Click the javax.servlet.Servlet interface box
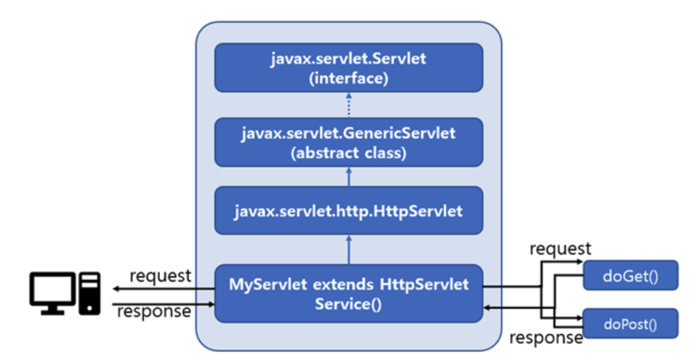pyautogui.click(x=348, y=67)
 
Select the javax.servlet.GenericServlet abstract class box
pyautogui.click(x=348, y=142)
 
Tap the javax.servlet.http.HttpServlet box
pyautogui.click(x=348, y=211)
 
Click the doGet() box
pyautogui.click(x=630, y=275)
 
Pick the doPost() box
pyautogui.click(x=630, y=324)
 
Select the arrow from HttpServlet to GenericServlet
pyautogui.click(x=348, y=177)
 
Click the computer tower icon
pyautogui.click(x=89, y=293)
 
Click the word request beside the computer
pyautogui.click(x=160, y=275)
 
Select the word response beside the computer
pyautogui.click(x=154, y=312)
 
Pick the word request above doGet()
pyautogui.click(x=560, y=249)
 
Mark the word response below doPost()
pyautogui.click(x=546, y=337)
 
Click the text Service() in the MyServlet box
pyautogui.click(x=348, y=304)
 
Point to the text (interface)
pyautogui.click(x=348, y=78)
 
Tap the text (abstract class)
pyautogui.click(x=348, y=153)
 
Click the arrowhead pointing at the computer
pyautogui.click(x=116, y=288)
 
